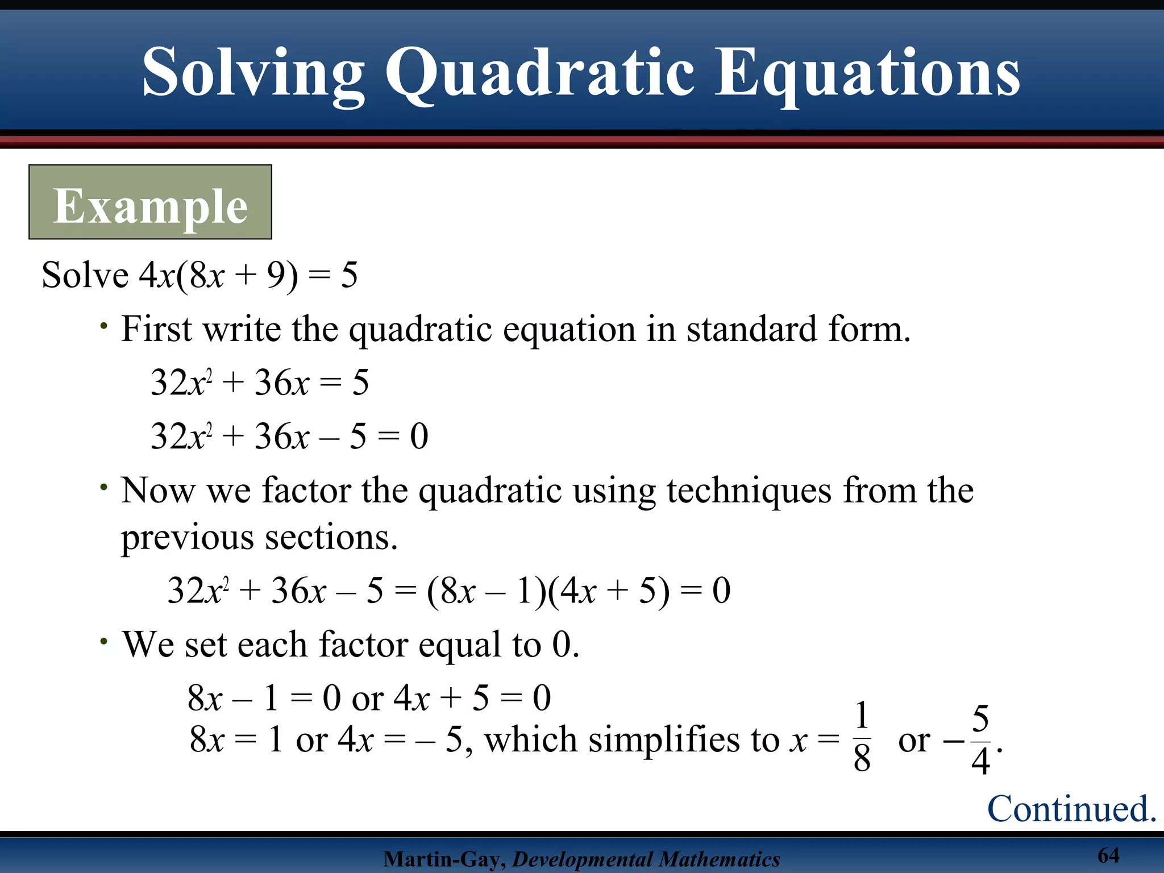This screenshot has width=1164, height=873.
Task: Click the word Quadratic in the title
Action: [x=540, y=74]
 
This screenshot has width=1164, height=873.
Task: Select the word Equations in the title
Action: [x=867, y=74]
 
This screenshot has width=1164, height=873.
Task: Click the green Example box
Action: [x=150, y=202]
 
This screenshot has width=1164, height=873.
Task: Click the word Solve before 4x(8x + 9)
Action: [x=85, y=276]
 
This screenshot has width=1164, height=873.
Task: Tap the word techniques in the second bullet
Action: [x=749, y=490]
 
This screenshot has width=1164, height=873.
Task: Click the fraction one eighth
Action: [x=862, y=737]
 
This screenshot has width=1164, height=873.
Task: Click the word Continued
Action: [x=1071, y=808]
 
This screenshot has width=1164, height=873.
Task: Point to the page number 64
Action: [x=1108, y=855]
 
